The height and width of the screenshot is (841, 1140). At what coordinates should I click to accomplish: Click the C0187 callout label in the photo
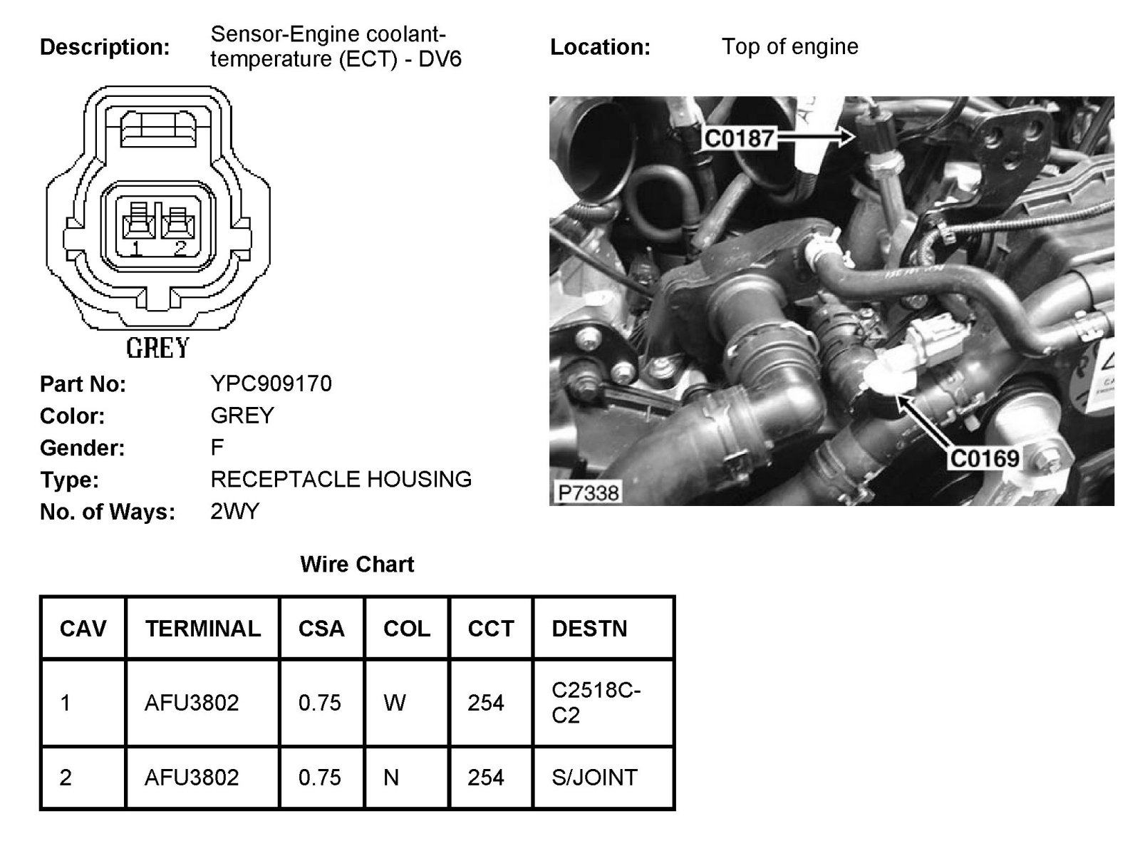(739, 138)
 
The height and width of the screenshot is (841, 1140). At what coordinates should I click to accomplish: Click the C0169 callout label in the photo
(985, 458)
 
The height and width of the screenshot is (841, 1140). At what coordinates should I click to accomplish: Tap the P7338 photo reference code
(589, 492)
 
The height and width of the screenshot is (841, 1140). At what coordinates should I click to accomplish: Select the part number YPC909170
(271, 384)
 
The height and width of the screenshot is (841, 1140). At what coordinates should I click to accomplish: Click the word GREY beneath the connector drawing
(157, 348)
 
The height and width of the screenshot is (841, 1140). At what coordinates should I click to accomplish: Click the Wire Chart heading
(357, 564)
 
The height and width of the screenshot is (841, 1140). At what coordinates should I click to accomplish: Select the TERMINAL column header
(203, 629)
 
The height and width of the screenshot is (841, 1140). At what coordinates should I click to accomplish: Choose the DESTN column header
(589, 629)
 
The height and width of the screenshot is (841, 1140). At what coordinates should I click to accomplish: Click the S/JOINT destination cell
(594, 777)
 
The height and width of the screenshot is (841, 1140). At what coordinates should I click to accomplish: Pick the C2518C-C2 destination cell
(596, 703)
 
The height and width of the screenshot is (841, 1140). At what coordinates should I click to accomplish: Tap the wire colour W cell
(394, 703)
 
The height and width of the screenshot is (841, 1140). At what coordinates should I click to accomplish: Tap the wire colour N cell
(391, 777)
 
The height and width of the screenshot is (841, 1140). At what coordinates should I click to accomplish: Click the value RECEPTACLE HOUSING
(341, 480)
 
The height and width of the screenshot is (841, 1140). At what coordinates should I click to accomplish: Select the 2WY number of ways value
(235, 512)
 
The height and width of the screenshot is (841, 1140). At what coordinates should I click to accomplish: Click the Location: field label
(600, 48)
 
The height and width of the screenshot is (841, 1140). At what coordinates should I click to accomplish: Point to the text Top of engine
(789, 47)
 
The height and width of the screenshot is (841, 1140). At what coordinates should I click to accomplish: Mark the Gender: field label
(82, 448)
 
